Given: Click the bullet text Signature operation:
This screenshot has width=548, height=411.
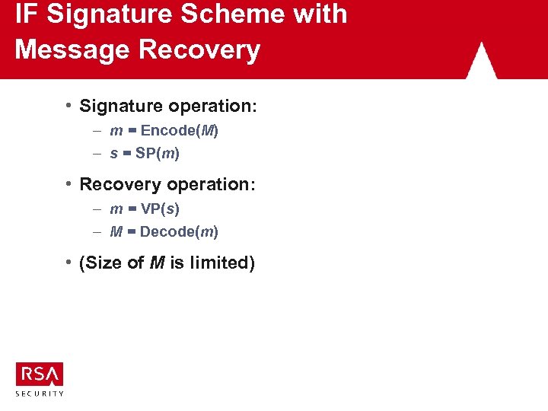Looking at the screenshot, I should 168,106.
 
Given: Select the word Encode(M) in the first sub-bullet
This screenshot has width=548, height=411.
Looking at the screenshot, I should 180,131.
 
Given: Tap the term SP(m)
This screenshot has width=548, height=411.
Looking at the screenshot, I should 158,153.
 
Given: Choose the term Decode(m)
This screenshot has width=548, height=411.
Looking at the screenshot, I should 180,231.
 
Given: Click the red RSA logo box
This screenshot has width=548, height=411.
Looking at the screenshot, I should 40,374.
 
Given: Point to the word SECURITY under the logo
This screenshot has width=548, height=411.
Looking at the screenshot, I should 40,393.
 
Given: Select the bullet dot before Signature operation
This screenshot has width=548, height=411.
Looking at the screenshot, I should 68,104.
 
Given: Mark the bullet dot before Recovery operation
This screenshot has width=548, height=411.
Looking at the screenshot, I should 68,183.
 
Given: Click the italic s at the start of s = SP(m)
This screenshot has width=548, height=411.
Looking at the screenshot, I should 114,154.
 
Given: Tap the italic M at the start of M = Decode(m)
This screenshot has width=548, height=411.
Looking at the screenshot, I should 116,231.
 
